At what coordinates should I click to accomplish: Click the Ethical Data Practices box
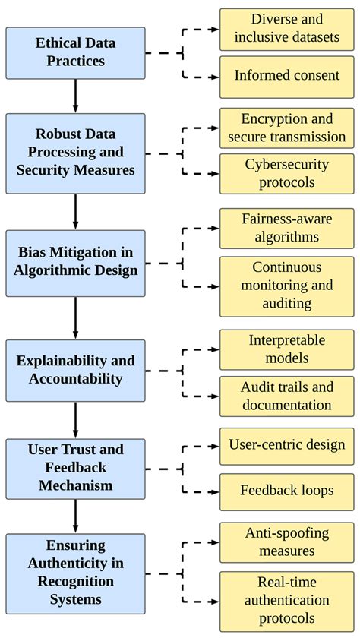[x=75, y=53]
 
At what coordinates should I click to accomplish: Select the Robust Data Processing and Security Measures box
[x=75, y=153]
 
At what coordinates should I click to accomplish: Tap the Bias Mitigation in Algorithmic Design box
[x=75, y=264]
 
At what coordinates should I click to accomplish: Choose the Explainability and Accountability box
[x=75, y=370]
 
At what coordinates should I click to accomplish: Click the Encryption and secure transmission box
[x=286, y=128]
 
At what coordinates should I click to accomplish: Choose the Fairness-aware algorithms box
[x=286, y=228]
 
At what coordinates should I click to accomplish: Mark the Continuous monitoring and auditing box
[x=286, y=286]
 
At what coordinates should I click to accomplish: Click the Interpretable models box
[x=286, y=350]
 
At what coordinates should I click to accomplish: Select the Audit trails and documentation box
[x=286, y=396]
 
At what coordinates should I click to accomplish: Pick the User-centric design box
[x=286, y=445]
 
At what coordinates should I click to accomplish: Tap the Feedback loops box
[x=286, y=491]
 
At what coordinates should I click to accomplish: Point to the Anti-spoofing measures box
[x=286, y=542]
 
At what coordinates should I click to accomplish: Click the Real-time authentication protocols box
[x=286, y=600]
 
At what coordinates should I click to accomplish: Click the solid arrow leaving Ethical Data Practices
[x=75, y=96]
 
